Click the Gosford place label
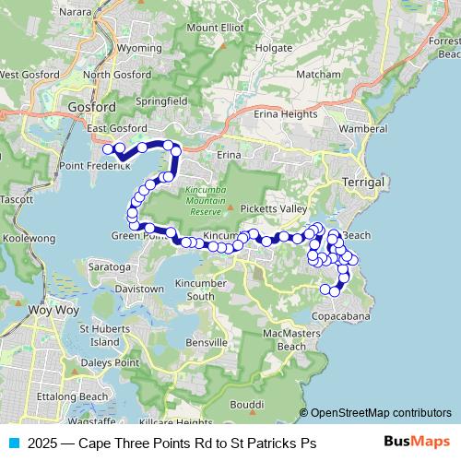pyautogui.click(x=91, y=107)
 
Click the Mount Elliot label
pyautogui.click(x=215, y=28)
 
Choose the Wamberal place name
pyautogui.click(x=363, y=128)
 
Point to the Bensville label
pyautogui.click(x=206, y=342)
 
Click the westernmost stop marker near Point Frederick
pyautogui.click(x=108, y=148)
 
